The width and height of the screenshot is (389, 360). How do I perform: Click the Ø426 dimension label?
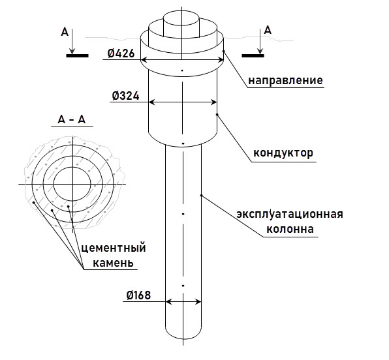pos(121,53)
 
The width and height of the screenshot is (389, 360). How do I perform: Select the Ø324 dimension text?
pos(125,96)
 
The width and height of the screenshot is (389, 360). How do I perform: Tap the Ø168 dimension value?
pos(138,295)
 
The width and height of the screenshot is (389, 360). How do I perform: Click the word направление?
pos(285,81)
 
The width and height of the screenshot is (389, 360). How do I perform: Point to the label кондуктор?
pos(283,153)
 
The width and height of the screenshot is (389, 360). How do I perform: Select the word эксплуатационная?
pos(290,214)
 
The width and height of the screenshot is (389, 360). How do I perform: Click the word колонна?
pos(290,229)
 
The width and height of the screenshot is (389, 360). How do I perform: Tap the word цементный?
pos(114,248)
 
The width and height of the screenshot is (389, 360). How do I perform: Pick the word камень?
pos(113,263)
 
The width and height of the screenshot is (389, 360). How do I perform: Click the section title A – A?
pos(71,119)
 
